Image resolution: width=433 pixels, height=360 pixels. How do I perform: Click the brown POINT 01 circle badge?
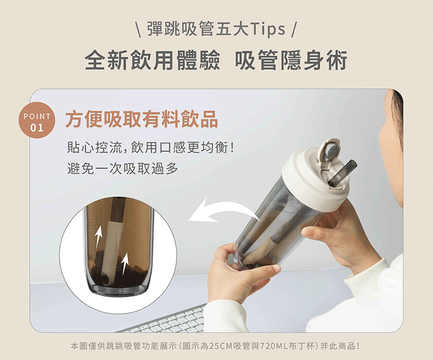click(37, 120)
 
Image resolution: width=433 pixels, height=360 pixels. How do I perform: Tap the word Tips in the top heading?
click(268, 29)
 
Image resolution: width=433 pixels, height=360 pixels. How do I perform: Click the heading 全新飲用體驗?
click(153, 60)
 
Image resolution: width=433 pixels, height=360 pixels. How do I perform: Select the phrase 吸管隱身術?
click(291, 60)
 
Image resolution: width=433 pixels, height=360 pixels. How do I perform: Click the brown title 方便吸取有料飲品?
click(142, 119)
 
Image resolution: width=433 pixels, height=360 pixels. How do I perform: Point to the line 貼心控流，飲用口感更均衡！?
click(151, 147)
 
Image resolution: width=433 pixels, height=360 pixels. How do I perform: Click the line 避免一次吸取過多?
click(123, 168)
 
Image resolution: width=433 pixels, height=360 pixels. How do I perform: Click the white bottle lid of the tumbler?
click(315, 180)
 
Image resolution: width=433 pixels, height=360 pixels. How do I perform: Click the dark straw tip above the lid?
click(343, 171)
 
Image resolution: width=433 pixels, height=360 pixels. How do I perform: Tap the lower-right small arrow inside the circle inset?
click(125, 263)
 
